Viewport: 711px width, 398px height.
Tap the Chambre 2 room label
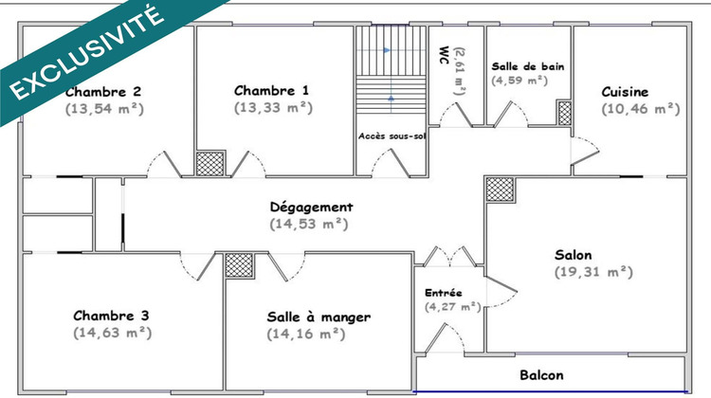click(x=103, y=92)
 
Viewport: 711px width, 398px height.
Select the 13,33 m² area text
click(x=272, y=108)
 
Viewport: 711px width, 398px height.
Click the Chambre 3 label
click(x=111, y=316)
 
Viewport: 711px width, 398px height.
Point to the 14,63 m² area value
click(x=112, y=333)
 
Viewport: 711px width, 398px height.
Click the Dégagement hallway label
click(x=311, y=207)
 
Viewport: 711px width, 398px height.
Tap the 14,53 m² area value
click(x=310, y=225)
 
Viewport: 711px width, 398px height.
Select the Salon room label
click(x=574, y=255)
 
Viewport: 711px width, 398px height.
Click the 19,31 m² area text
click(x=592, y=272)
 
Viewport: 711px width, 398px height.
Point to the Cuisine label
click(x=626, y=92)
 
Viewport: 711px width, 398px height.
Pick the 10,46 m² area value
click(x=641, y=109)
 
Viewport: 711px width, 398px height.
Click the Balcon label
click(x=541, y=373)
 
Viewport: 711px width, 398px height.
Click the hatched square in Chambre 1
click(x=210, y=161)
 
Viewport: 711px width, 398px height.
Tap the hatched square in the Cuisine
click(x=565, y=114)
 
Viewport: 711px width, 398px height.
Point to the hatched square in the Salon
click(x=499, y=188)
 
